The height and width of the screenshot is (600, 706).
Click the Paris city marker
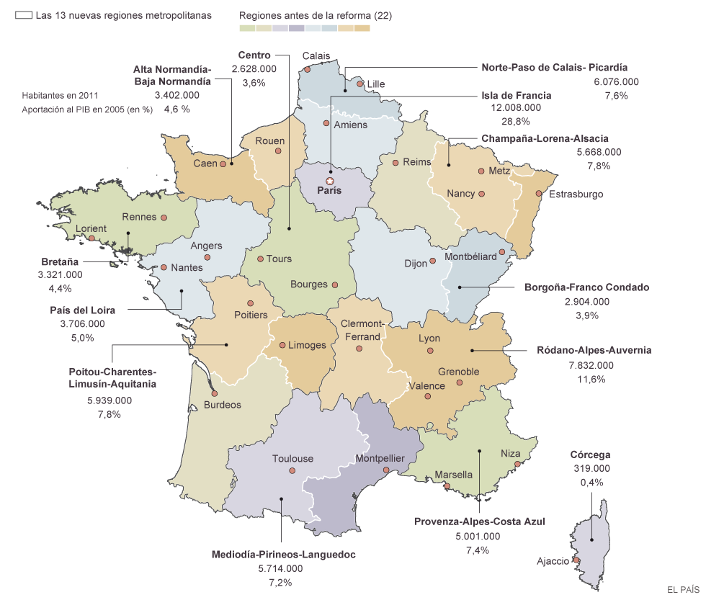(330, 182)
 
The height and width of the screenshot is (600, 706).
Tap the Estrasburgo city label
(576, 194)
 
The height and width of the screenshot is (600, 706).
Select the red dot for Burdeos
(215, 393)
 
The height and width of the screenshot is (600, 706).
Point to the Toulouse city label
(292, 459)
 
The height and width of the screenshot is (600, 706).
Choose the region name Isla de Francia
(516, 95)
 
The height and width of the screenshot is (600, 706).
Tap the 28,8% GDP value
(517, 121)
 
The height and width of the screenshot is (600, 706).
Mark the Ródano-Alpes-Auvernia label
(594, 350)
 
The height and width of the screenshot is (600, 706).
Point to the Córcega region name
(590, 455)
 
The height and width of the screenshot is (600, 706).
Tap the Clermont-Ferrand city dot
(359, 349)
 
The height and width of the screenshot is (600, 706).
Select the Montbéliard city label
(470, 256)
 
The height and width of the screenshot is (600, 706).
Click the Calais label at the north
(316, 55)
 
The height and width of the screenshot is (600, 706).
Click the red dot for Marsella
(447, 486)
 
